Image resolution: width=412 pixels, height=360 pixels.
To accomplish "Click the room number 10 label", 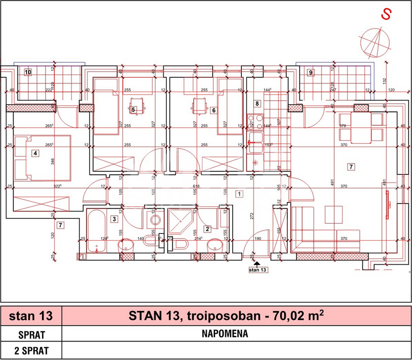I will point(28,72).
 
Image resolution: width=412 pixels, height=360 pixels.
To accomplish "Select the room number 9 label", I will point(310,72).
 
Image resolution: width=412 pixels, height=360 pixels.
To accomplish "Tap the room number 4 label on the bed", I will point(35,153).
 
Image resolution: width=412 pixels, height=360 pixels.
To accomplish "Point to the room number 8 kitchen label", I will point(258,104).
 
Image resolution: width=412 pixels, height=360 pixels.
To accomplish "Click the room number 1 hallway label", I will point(238,194).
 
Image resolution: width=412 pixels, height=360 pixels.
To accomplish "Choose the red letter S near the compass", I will point(386,15).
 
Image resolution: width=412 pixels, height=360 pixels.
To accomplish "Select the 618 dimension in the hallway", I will point(196,187).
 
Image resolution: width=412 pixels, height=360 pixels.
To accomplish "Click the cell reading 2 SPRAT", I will point(31,351).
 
